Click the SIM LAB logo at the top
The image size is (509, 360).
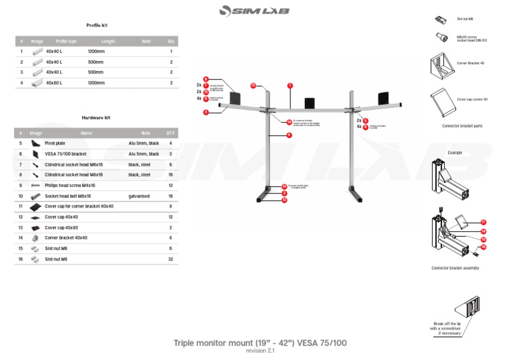pos(254,11)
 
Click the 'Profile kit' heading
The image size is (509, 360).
pos(97,25)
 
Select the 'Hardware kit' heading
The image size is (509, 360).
pos(96,117)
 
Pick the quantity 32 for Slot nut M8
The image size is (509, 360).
pos(170,259)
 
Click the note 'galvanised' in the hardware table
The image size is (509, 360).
pos(139,196)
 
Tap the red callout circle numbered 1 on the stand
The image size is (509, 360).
pos(290,86)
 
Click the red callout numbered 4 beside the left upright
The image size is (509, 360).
pos(289,135)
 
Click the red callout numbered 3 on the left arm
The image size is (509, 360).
pos(206,113)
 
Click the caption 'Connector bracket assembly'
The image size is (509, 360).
pos(455,268)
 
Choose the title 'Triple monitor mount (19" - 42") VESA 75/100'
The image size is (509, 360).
pos(260,343)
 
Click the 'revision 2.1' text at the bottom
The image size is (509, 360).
pos(260,351)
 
